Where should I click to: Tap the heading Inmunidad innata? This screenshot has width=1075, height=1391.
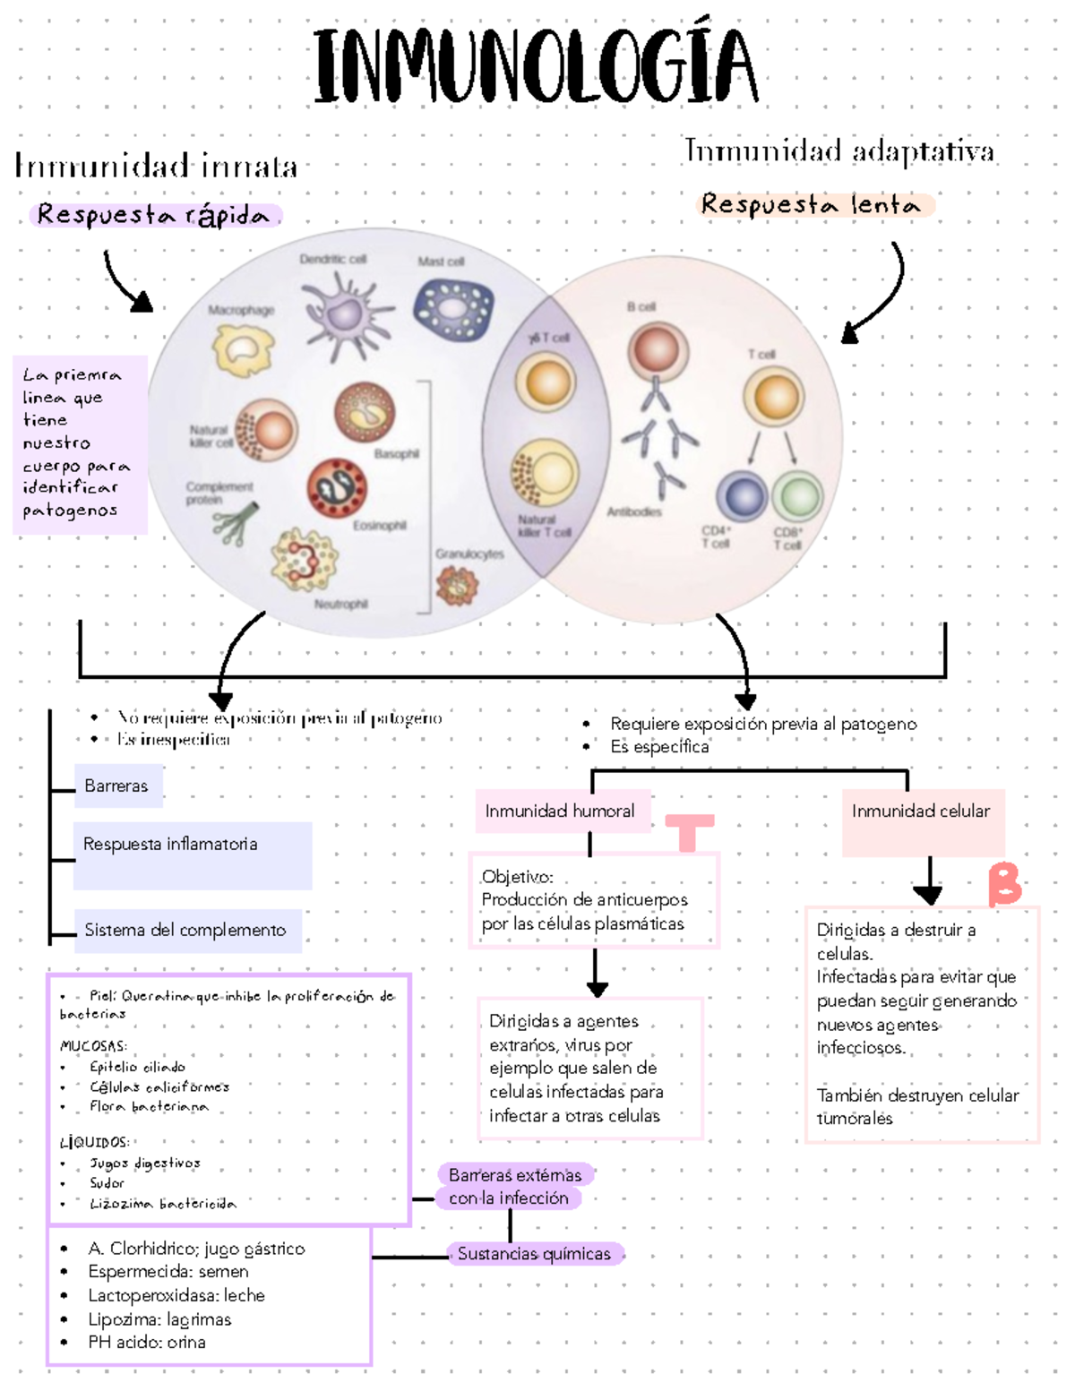(156, 167)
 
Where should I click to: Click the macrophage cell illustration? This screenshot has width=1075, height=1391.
(243, 349)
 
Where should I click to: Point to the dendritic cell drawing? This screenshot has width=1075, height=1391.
(345, 313)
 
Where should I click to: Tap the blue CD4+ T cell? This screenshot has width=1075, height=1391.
(742, 496)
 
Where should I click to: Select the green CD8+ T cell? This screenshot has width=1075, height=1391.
(796, 496)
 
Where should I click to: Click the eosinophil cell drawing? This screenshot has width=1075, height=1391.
(337, 488)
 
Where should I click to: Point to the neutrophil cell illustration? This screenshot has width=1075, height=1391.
(305, 560)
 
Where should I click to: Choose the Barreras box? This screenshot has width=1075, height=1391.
(117, 786)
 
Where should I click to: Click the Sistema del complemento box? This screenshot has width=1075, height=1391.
(186, 931)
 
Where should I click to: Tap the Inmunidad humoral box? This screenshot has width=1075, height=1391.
(561, 811)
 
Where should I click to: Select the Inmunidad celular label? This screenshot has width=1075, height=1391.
(921, 811)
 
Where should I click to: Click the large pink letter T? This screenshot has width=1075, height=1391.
(689, 832)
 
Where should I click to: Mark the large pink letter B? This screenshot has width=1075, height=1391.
(1004, 884)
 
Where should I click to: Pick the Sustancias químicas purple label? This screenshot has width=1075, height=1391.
(534, 1254)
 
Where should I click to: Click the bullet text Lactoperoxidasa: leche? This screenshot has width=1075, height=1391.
(176, 1295)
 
